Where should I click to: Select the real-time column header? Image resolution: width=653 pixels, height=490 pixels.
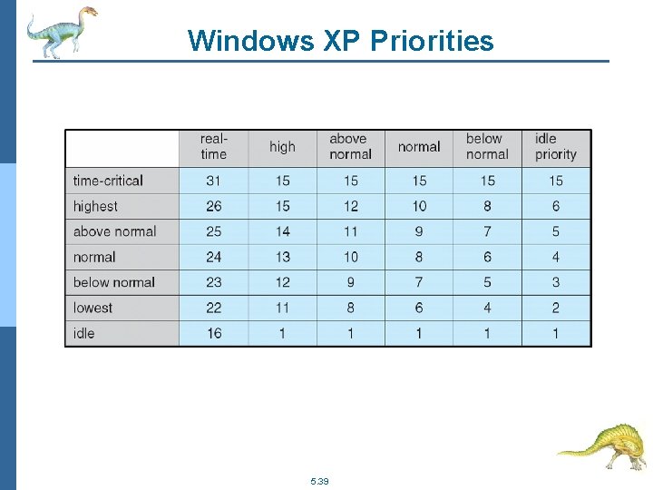pyautogui.click(x=214, y=147)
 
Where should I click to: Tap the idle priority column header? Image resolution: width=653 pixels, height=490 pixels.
pyautogui.click(x=555, y=147)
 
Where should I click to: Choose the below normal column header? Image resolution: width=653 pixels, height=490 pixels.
pyautogui.click(x=487, y=147)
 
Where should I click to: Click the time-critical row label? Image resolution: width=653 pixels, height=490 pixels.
pyautogui.click(x=108, y=181)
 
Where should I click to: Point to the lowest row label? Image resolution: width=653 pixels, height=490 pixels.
pyautogui.click(x=93, y=308)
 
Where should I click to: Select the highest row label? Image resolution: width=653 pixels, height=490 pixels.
pyautogui.click(x=95, y=206)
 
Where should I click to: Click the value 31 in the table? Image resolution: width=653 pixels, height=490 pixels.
pyautogui.click(x=214, y=181)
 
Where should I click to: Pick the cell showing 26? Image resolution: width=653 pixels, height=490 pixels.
pyautogui.click(x=214, y=206)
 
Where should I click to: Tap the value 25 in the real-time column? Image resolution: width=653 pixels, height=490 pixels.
pyautogui.click(x=214, y=231)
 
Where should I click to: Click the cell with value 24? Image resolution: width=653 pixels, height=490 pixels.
pyautogui.click(x=214, y=257)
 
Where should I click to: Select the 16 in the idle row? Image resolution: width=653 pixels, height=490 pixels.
pyautogui.click(x=214, y=333)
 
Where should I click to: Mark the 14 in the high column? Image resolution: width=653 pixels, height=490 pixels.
pyautogui.click(x=282, y=231)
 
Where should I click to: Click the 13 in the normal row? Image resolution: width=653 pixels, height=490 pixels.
pyautogui.click(x=282, y=257)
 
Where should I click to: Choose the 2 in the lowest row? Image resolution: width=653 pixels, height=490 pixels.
pyautogui.click(x=556, y=308)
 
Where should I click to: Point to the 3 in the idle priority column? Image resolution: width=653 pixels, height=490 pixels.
pyautogui.click(x=556, y=282)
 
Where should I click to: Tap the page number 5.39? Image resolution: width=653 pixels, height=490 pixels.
pyautogui.click(x=319, y=480)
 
